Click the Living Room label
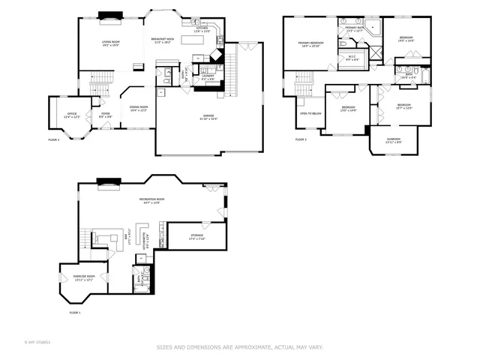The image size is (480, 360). point(111,43)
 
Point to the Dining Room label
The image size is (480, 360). point(139,109)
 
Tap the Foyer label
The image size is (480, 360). point(106,115)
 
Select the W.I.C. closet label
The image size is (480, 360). point(352,58)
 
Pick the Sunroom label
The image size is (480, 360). point(394,140)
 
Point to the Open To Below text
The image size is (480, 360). point(310,113)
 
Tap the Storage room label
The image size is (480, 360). point(196,237)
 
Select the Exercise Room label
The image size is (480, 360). point(84,278)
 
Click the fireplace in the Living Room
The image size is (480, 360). point(111,13)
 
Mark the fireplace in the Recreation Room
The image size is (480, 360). point(110,181)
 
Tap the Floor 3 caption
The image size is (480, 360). point(300,139)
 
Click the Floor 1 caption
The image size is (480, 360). point(74,312)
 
